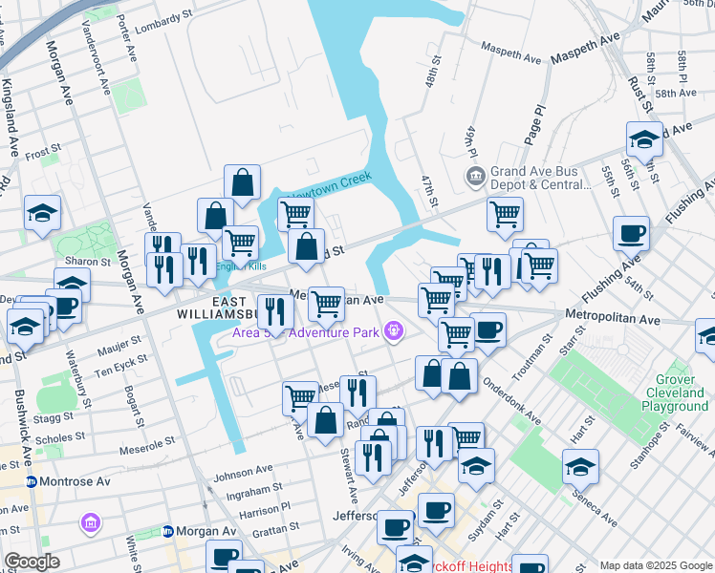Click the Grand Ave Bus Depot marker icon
click(474, 177)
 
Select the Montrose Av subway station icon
click(32, 481)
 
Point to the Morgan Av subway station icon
click(167, 531)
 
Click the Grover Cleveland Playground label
click(675, 393)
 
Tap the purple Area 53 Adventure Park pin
click(392, 331)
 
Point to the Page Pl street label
click(533, 125)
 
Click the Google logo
click(32, 561)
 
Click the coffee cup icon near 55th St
click(631, 232)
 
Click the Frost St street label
click(43, 152)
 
